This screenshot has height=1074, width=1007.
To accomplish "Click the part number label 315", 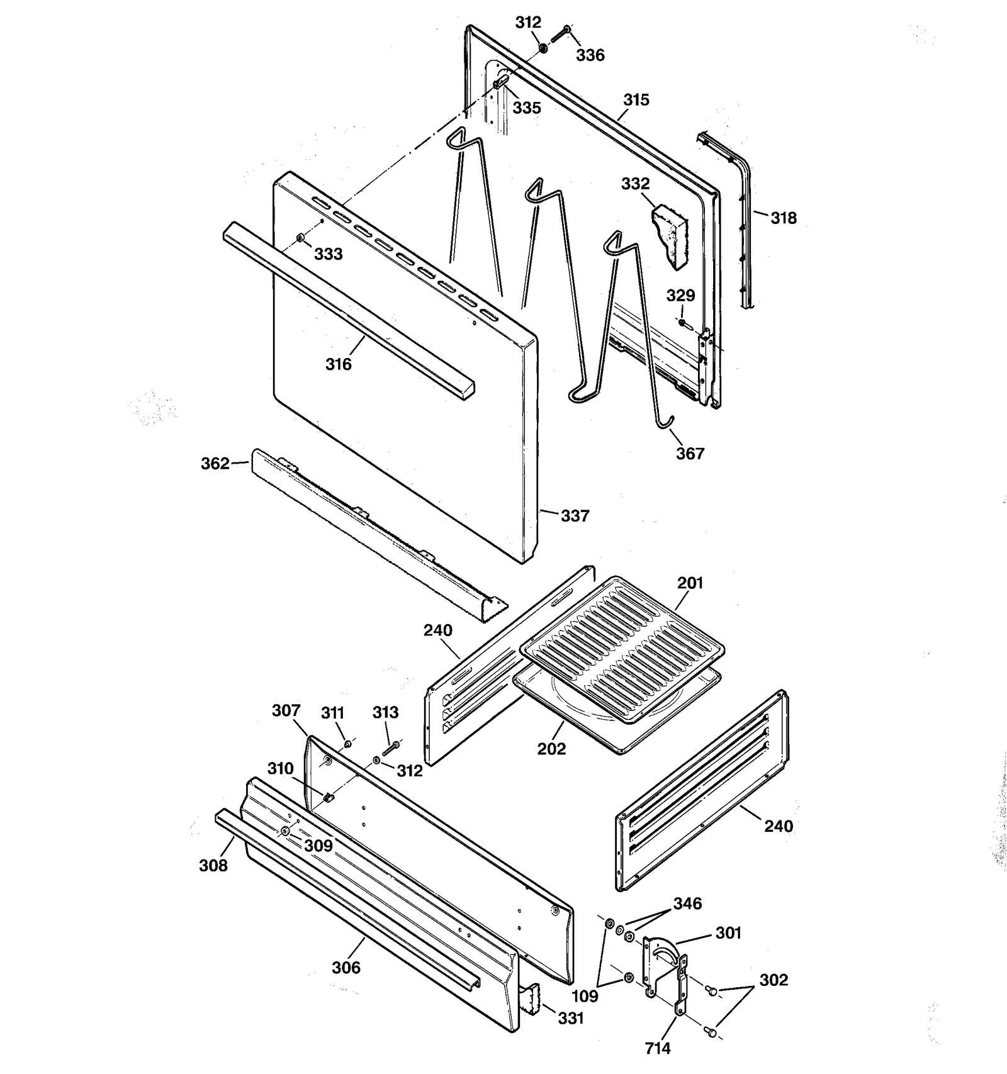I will click(636, 100).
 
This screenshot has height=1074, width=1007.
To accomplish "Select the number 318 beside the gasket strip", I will click(783, 218).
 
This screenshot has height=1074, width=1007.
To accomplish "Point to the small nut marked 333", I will click(300, 238).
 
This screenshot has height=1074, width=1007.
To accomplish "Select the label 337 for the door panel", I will click(575, 516).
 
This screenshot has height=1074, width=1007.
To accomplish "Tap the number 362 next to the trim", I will click(215, 464).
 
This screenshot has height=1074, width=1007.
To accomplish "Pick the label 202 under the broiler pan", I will click(551, 749).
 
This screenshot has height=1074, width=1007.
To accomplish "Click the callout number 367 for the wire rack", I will click(690, 454).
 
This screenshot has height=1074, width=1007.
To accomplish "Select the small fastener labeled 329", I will click(682, 322).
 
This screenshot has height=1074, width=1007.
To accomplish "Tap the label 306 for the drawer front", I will click(346, 967).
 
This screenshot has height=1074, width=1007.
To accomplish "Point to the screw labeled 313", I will click(391, 747).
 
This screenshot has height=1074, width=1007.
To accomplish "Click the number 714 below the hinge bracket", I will click(657, 1048).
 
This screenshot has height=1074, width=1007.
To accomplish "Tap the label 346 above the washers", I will click(687, 903).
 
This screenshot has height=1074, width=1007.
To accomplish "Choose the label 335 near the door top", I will click(526, 108).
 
